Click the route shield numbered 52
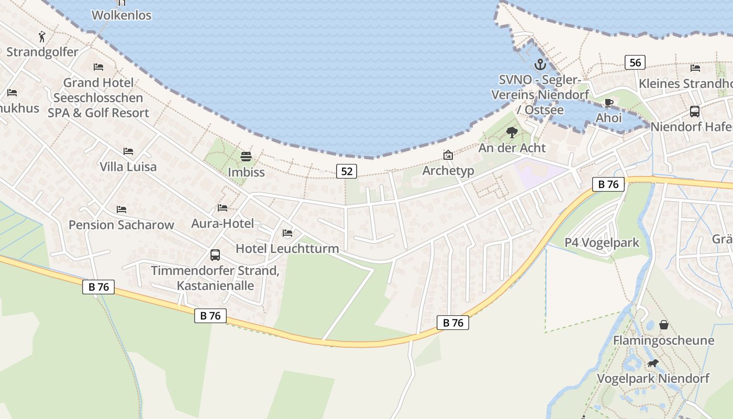pyautogui.click(x=347, y=171)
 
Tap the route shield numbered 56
pyautogui.click(x=635, y=63)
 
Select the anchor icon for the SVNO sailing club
pyautogui.click(x=540, y=65)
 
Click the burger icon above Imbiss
pyautogui.click(x=246, y=157)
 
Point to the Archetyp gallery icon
pyautogui.click(x=448, y=155)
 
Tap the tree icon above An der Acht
pyautogui.click(x=512, y=133)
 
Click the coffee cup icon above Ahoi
pyautogui.click(x=608, y=103)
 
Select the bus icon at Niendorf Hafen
pyautogui.click(x=695, y=112)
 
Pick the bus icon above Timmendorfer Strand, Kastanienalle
pyautogui.click(x=215, y=255)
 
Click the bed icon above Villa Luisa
pyautogui.click(x=128, y=151)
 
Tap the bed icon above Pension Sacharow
pyautogui.click(x=121, y=210)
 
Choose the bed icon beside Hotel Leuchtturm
pyautogui.click(x=287, y=233)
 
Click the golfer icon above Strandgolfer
pyautogui.click(x=42, y=37)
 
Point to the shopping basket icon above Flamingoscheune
pyautogui.click(x=664, y=325)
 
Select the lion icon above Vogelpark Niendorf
pyautogui.click(x=652, y=363)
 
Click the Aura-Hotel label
pyautogui.click(x=223, y=224)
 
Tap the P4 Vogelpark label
pyautogui.click(x=602, y=242)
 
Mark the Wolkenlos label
pyautogui.click(x=121, y=15)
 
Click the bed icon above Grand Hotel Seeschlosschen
pyautogui.click(x=98, y=67)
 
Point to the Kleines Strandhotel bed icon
pyautogui.click(x=695, y=68)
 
